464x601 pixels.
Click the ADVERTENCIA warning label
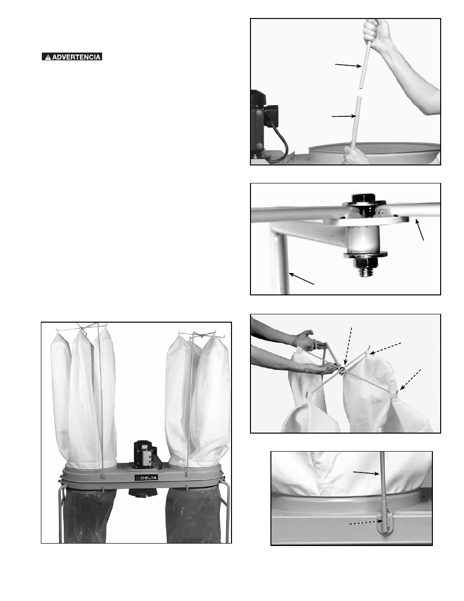click(72, 57)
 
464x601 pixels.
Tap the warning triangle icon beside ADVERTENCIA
click(48, 57)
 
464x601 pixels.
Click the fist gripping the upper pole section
click(376, 31)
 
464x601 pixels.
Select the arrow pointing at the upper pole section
click(348, 65)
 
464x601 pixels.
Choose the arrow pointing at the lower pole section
click(344, 116)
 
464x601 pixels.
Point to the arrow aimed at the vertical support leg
click(302, 278)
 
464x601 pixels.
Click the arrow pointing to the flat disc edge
click(420, 229)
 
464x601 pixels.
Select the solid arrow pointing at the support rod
click(366, 473)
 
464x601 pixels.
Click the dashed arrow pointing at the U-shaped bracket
click(366, 523)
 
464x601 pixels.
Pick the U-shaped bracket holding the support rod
click(384, 524)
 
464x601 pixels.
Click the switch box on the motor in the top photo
click(271, 114)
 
